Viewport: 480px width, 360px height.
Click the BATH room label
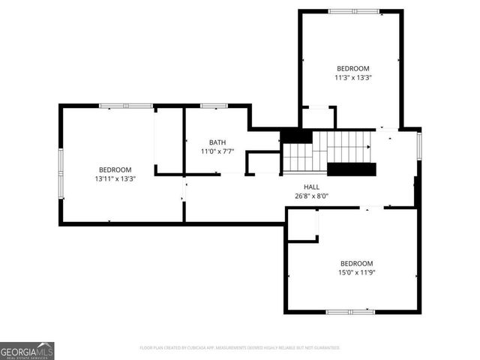point(217,142)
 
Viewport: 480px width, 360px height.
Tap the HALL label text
point(311,187)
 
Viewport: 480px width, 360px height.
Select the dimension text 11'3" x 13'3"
point(353,76)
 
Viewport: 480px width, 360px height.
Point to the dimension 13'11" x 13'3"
point(114,179)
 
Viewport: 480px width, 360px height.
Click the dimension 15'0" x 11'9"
point(356,273)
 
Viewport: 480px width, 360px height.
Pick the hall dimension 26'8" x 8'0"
point(311,196)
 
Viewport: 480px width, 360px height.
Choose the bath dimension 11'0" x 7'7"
point(217,151)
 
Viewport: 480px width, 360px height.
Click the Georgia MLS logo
point(27,351)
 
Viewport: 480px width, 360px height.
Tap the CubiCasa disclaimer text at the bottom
point(240,348)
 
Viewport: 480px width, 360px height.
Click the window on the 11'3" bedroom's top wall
point(354,11)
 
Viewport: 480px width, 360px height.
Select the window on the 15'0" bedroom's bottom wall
point(350,311)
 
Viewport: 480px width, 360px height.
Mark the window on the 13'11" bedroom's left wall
point(61,172)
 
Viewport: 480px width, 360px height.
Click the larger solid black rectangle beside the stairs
point(351,169)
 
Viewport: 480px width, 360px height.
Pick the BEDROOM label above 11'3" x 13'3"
point(353,67)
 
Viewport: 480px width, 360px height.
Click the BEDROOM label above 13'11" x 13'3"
point(114,169)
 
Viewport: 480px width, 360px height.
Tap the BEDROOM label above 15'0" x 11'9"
point(356,263)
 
